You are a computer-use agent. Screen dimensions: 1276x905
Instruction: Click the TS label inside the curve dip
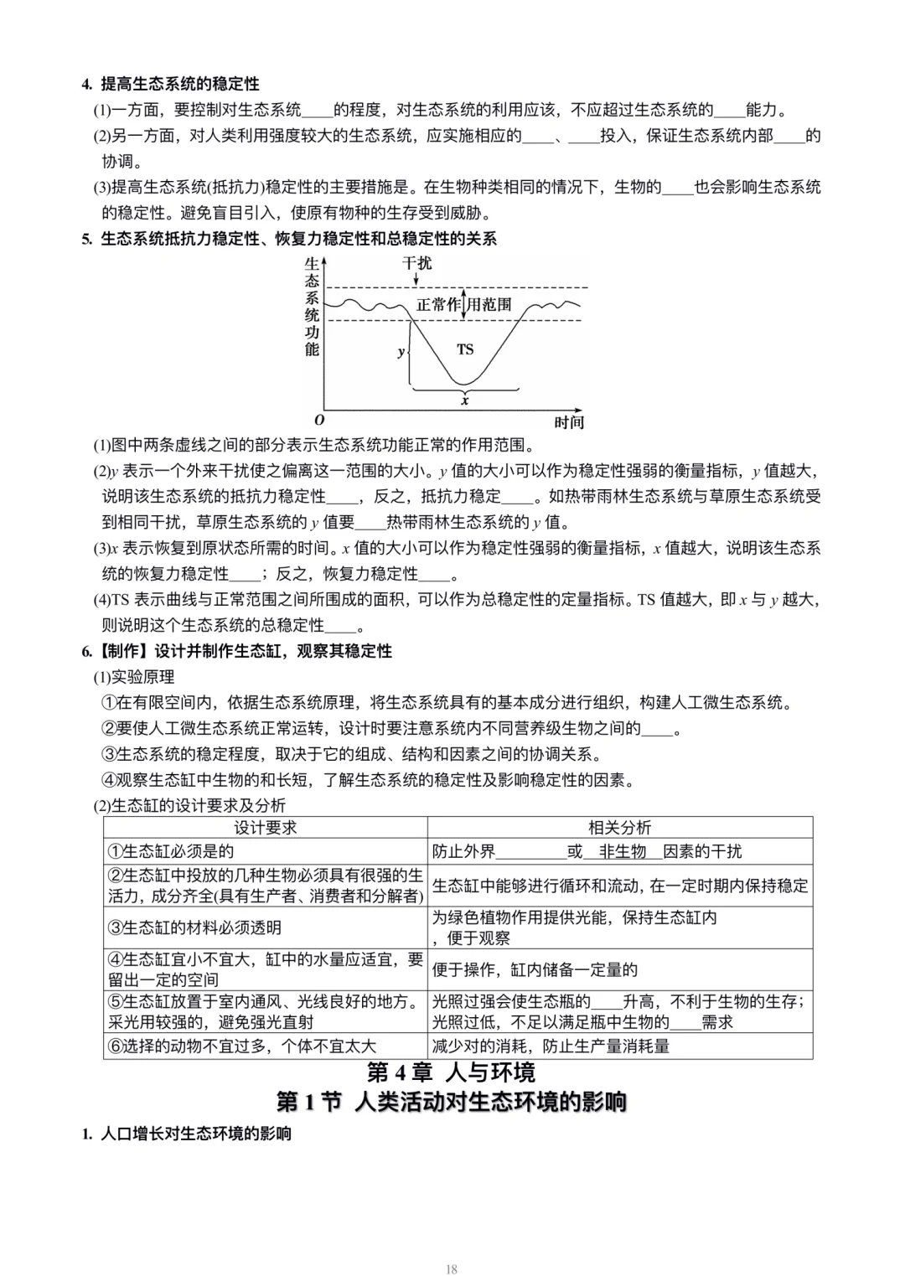pyautogui.click(x=465, y=349)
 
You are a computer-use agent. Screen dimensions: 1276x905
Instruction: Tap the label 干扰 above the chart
pyautogui.click(x=417, y=263)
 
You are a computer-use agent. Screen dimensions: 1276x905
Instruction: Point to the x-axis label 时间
pyautogui.click(x=569, y=421)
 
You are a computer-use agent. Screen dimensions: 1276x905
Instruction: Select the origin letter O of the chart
pyautogui.click(x=319, y=420)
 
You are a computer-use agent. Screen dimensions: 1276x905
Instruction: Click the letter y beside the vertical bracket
pyautogui.click(x=401, y=352)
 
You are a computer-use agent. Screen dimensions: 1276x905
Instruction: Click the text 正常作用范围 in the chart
pyautogui.click(x=463, y=305)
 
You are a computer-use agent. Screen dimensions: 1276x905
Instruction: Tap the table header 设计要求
pyautogui.click(x=265, y=828)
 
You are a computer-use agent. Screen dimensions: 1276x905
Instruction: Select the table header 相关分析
pyautogui.click(x=619, y=828)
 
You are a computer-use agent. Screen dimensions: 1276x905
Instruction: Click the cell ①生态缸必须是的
pyautogui.click(x=171, y=851)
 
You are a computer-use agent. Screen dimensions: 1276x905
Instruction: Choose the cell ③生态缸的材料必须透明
pyautogui.click(x=194, y=927)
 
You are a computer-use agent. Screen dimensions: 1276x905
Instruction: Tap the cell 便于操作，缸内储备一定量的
pyautogui.click(x=535, y=969)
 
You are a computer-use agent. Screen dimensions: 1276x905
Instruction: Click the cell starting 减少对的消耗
pyautogui.click(x=551, y=1046)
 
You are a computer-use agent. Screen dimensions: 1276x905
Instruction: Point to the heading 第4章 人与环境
pyautogui.click(x=452, y=1072)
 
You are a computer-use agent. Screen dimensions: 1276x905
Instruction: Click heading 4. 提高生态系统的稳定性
pyautogui.click(x=171, y=84)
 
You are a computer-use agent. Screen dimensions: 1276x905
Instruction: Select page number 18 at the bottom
pyautogui.click(x=452, y=1269)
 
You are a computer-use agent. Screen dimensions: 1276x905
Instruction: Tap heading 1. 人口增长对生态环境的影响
pyautogui.click(x=187, y=1134)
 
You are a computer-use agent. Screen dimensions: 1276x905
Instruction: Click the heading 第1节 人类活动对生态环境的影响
pyautogui.click(x=452, y=1102)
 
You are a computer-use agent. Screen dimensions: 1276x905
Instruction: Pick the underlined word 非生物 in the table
pyautogui.click(x=623, y=851)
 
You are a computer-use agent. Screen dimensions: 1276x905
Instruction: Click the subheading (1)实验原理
pyautogui.click(x=134, y=677)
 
